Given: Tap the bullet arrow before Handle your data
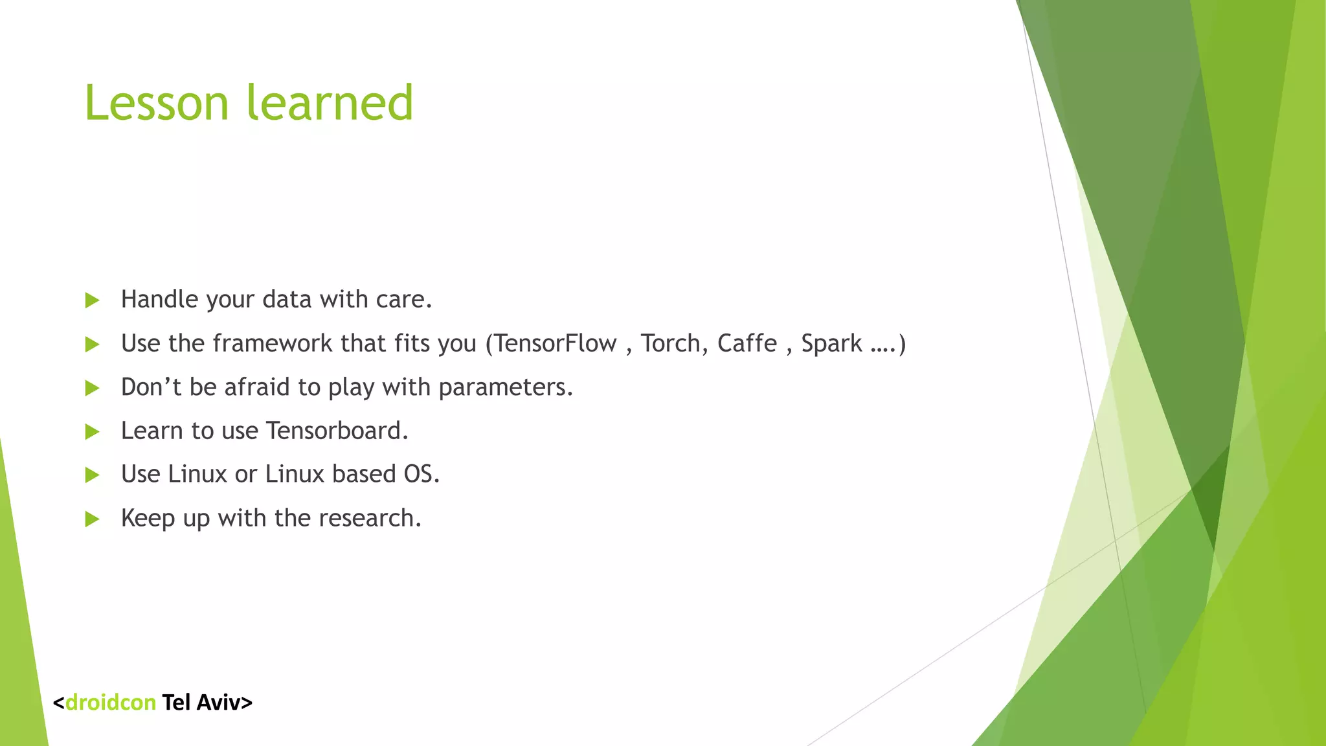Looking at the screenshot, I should pos(93,300).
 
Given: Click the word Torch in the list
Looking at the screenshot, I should pos(670,343).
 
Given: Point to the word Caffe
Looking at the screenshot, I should pos(747,343).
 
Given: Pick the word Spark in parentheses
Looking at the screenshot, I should pos(831,343).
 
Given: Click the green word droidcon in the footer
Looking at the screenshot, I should pos(111,703).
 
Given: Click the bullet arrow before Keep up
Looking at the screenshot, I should pos(93,519).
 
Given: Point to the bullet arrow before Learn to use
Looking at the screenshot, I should pos(93,432).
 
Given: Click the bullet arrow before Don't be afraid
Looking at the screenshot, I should pos(93,389).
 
